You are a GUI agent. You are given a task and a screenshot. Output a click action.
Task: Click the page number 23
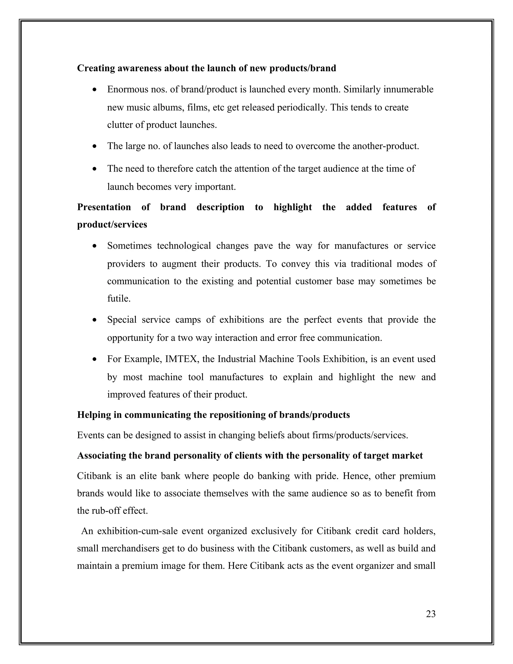(431, 614)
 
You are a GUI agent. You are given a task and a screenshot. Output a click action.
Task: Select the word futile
(118, 299)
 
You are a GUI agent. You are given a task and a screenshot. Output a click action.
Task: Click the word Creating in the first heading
(96, 68)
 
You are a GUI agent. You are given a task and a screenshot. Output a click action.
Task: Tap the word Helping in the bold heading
(94, 415)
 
